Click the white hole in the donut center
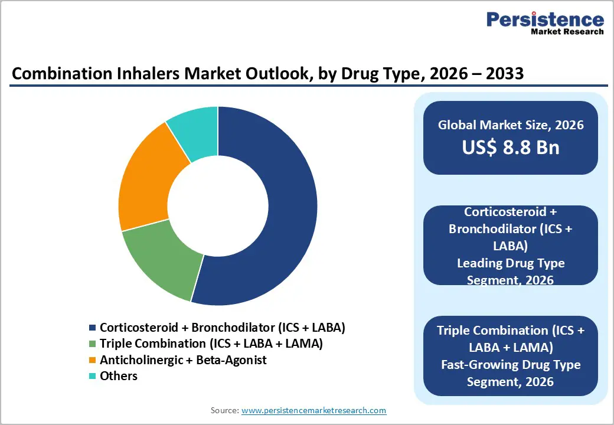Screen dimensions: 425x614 click(x=218, y=205)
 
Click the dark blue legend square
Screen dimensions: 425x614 click(x=92, y=328)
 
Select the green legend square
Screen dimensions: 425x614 click(x=92, y=344)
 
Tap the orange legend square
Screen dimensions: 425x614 click(x=92, y=360)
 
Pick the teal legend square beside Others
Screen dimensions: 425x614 click(x=92, y=376)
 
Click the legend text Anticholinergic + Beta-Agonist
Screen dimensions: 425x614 click(x=183, y=359)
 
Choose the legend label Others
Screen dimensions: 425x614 click(x=118, y=376)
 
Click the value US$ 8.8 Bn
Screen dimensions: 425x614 click(x=511, y=147)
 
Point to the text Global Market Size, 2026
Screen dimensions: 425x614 click(x=511, y=125)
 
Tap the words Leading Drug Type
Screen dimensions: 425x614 click(x=511, y=263)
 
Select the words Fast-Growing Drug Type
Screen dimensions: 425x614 click(x=511, y=364)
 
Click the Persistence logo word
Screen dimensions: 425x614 click(x=545, y=19)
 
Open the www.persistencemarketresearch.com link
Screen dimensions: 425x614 click(x=314, y=410)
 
